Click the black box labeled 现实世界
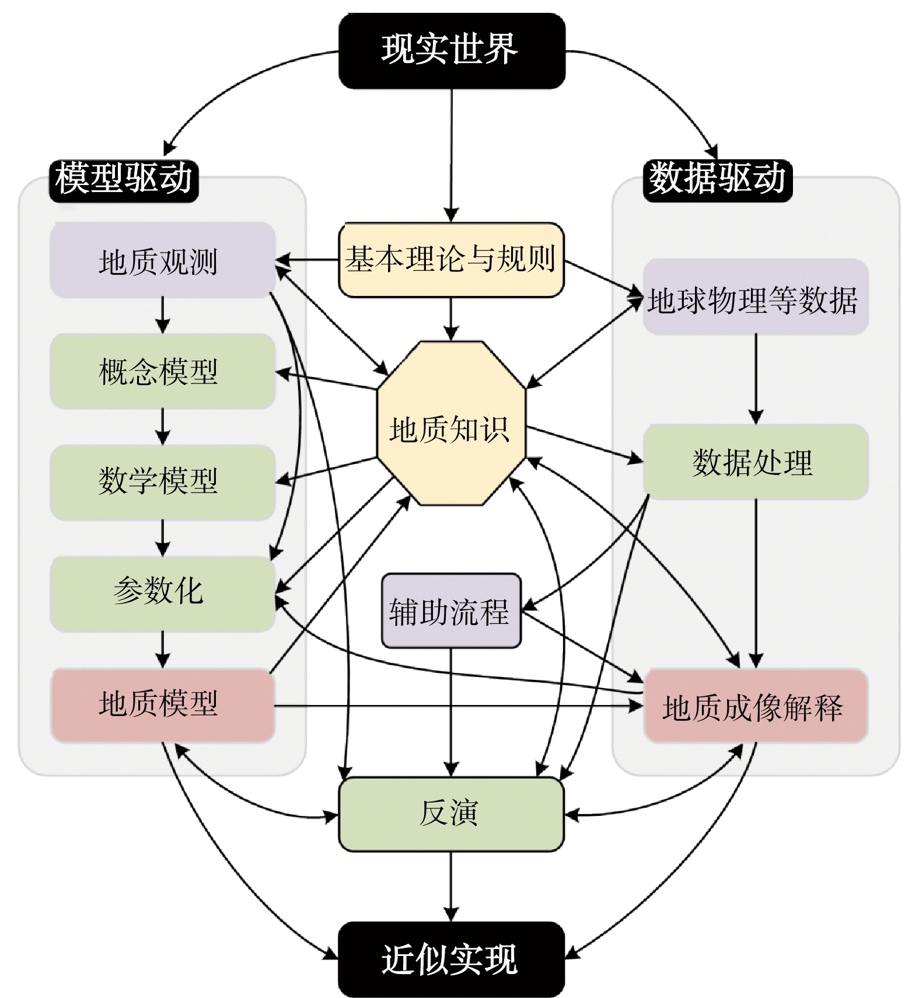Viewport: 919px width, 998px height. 452,51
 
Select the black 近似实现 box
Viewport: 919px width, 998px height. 452,959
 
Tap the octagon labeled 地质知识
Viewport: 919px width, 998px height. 451,423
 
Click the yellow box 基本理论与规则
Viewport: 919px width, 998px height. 451,260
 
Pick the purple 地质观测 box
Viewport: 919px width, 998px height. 162,260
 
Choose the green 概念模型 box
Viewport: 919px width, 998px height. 162,371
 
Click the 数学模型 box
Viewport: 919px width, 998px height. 162,482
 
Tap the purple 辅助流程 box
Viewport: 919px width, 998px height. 451,610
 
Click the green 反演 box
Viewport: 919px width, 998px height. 451,814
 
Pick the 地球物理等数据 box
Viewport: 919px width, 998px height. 756,296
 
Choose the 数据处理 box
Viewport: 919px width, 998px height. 756,462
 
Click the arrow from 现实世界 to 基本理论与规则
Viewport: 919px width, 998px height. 451,156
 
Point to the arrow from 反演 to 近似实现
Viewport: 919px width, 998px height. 451,887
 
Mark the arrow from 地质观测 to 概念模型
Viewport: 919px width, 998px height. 163,315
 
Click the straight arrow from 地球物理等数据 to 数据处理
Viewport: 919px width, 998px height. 756,379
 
